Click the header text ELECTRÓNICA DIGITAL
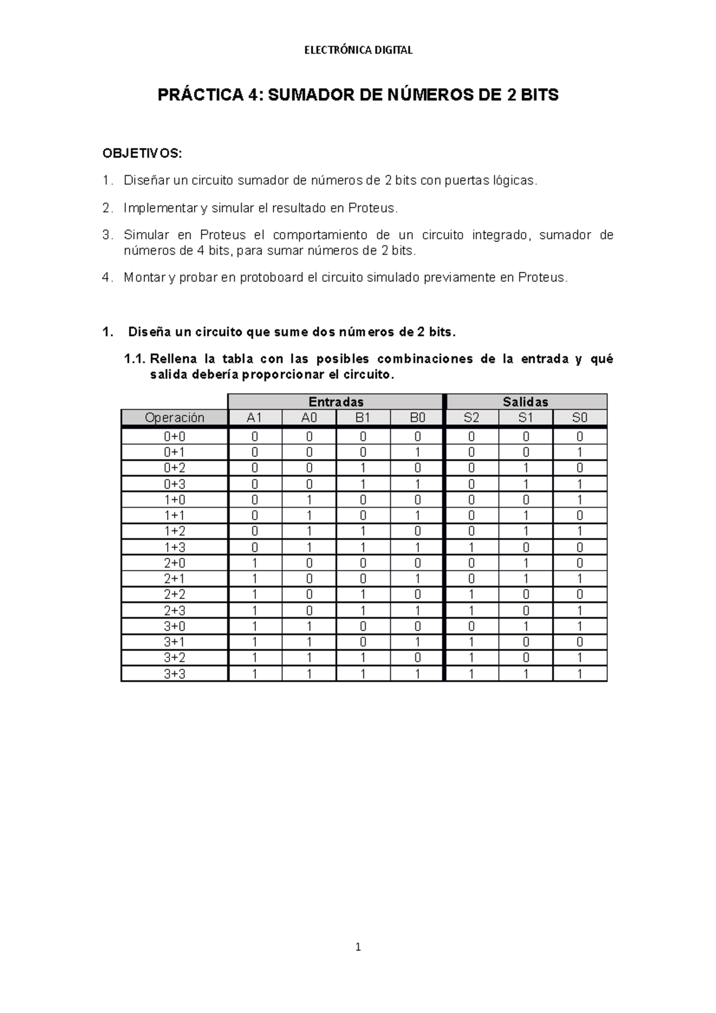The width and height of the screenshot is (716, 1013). click(358, 50)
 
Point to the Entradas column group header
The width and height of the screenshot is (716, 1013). click(336, 402)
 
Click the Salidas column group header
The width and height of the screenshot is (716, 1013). click(526, 402)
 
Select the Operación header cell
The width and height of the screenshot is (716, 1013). click(174, 418)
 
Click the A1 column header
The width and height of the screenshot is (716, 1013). click(255, 418)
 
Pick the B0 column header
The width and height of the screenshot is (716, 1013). click(417, 418)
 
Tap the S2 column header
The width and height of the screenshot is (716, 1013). click(471, 418)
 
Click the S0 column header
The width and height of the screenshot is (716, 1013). click(579, 418)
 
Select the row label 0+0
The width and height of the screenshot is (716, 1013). click(174, 437)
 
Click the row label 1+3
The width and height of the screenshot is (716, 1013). click(174, 547)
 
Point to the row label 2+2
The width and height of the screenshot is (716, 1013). click(174, 594)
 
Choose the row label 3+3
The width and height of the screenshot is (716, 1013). click(174, 674)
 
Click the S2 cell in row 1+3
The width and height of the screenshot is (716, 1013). click(471, 547)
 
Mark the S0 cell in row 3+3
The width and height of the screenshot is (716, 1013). click(579, 674)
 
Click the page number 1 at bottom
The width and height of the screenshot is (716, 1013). click(358, 947)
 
